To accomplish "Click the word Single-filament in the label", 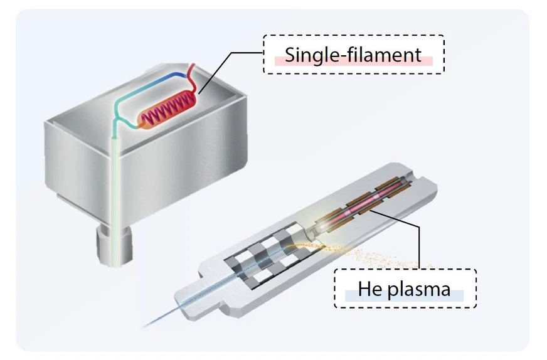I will [x=353, y=55].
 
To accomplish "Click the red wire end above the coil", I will [x=194, y=70].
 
